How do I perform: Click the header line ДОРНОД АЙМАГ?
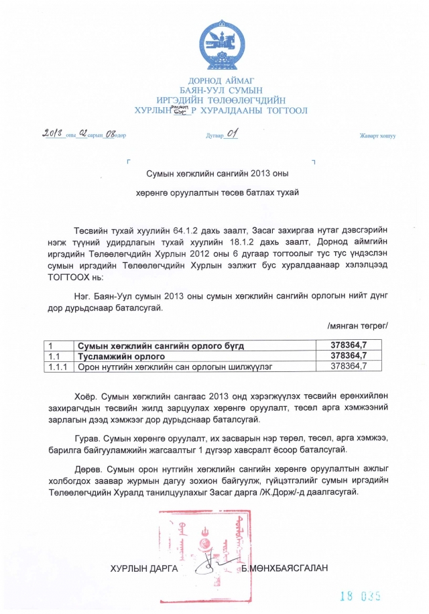click(221, 81)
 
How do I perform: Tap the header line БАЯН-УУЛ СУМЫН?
click(221, 90)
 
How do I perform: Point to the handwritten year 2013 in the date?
click(53, 133)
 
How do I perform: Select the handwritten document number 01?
click(232, 133)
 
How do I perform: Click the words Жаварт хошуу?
click(378, 136)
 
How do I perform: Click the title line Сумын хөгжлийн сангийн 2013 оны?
click(217, 174)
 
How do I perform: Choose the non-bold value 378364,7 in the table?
click(349, 366)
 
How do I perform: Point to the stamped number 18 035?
click(360, 595)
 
